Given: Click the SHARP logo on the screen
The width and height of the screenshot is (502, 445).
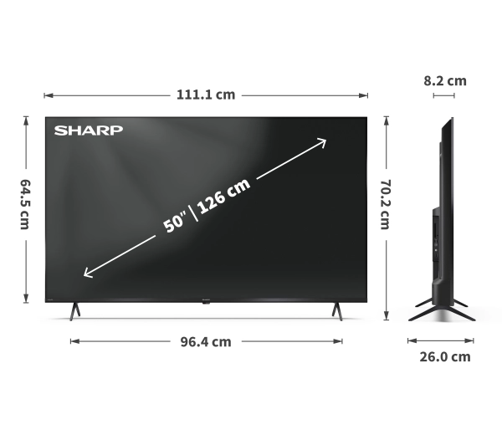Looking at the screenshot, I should coord(89,130).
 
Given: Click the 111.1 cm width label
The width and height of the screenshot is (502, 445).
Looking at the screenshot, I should coord(206,95).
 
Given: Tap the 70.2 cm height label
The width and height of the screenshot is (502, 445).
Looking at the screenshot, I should coord(386,205).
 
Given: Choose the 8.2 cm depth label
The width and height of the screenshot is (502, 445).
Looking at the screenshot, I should coord(445,81).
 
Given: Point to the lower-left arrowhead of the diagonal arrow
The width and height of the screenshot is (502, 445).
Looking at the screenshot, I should coord(85,274).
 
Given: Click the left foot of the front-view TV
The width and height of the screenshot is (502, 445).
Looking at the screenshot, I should coord(74,310).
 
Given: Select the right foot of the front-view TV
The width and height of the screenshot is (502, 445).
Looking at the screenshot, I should coord(336,310).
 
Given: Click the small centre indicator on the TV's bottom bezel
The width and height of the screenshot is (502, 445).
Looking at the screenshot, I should coord(206,301).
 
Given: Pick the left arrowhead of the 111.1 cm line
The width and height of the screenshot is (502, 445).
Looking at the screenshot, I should coord(47,95).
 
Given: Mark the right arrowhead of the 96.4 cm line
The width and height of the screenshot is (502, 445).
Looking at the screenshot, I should coord(340,341).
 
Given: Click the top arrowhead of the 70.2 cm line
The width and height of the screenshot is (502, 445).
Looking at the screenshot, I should coord(386,120).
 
